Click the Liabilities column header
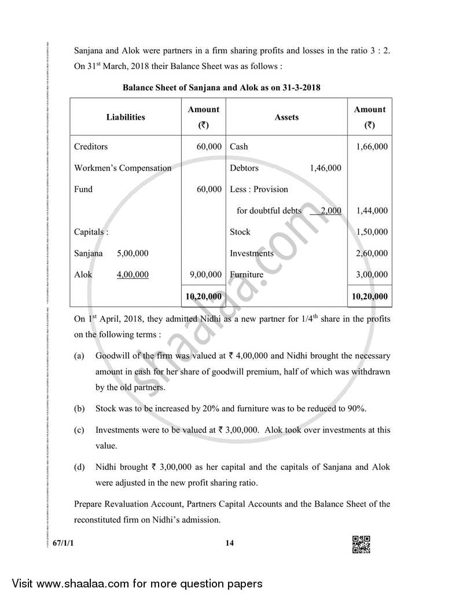[x=126, y=117]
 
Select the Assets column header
[x=286, y=117]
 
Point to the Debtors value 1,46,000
[x=325, y=168]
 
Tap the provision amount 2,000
[x=330, y=211]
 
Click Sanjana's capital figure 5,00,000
[x=133, y=253]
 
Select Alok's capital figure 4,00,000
[x=133, y=275]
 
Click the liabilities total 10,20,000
[x=203, y=296]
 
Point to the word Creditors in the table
[x=91, y=146]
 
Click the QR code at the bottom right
[x=361, y=545]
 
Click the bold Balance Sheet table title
[x=222, y=88]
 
